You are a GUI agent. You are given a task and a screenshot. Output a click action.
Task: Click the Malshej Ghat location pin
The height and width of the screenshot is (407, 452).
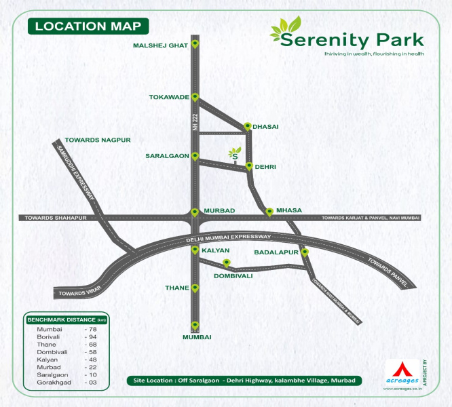(195, 45)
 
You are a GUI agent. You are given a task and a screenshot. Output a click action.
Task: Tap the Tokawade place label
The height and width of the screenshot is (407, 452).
(169, 98)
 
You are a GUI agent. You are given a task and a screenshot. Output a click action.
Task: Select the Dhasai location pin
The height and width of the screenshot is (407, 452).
(248, 126)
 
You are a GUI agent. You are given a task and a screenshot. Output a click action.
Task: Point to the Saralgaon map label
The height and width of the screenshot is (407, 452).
(166, 156)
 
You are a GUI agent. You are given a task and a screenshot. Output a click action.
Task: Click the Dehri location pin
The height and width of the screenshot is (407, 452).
(249, 166)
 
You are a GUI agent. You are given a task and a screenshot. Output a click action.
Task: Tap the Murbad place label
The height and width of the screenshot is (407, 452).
(219, 211)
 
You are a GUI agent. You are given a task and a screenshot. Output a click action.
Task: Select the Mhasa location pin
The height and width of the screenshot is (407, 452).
(269, 212)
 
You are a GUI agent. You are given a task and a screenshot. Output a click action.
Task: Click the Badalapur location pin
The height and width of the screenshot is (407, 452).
(305, 252)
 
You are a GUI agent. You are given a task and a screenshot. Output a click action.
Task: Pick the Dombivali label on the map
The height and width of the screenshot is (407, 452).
(233, 276)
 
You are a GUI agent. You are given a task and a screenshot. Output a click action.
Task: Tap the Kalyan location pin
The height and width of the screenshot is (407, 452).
(195, 251)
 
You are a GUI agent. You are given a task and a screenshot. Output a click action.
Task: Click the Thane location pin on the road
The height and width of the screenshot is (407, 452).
(195, 288)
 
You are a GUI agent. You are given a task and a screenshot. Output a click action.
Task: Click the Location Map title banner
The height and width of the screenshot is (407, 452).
(88, 26)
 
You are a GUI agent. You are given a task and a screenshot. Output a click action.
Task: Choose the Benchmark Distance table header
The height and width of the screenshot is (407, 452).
(67, 319)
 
